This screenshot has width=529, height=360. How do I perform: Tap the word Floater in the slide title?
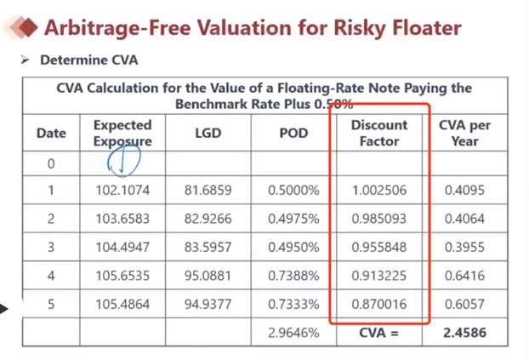point(423,28)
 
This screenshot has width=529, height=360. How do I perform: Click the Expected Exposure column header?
point(122,133)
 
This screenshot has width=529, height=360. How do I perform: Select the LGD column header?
point(208,133)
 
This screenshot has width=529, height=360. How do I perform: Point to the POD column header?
point(293,133)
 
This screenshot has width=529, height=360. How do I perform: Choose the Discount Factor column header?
point(379,133)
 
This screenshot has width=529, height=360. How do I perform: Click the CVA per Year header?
point(464,133)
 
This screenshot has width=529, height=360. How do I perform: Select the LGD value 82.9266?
point(208,219)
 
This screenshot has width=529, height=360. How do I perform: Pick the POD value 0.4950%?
point(293,247)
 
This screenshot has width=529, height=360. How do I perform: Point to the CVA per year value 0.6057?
point(464,303)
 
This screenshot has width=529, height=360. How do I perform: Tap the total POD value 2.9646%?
point(293,332)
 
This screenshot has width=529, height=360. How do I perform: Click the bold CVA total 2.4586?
point(464,332)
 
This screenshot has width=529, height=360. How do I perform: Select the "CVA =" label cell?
point(379,332)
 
